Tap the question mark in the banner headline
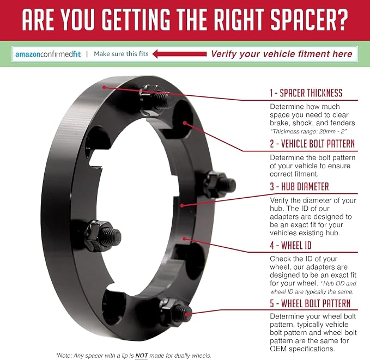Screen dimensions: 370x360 tap(342, 20)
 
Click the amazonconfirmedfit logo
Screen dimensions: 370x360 tap(48, 54)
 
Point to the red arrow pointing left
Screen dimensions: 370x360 tap(179, 54)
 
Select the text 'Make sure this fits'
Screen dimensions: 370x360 tap(121, 54)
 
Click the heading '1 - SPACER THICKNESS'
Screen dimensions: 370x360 tap(306, 93)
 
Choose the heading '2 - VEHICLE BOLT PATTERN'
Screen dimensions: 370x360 tap(312, 144)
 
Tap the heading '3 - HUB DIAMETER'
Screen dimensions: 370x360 tap(299, 186)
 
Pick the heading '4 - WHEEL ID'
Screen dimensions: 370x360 tap(291, 245)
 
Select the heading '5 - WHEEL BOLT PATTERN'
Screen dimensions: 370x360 tap(310, 303)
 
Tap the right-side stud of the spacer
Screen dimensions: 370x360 tap(219, 184)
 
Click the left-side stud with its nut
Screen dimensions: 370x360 tap(103, 235)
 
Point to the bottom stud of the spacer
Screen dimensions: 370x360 tap(175, 311)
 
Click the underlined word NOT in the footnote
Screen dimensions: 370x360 tap(141, 356)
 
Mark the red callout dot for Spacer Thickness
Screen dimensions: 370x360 tap(104, 87)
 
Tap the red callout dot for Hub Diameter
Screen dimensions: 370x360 tap(181, 205)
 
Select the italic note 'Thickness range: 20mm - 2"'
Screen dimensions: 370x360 tap(308, 131)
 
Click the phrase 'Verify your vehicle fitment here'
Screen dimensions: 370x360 tap(282, 54)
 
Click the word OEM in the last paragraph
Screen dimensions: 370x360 tap(278, 349)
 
